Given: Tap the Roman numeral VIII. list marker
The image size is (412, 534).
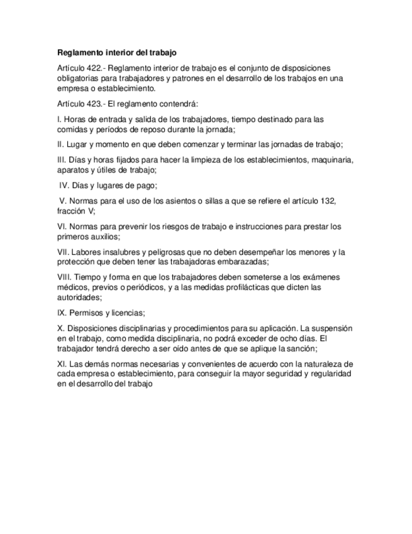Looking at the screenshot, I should click(64, 278).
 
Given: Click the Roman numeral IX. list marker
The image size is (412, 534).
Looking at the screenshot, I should click(62, 313).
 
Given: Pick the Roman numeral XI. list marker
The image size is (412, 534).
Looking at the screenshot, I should click(62, 364).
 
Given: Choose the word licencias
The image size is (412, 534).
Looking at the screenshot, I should click(127, 313).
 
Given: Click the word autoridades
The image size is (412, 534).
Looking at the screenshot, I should click(78, 298).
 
